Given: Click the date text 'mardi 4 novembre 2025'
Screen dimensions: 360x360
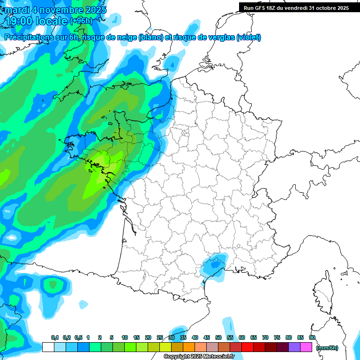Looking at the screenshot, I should tap(56, 10).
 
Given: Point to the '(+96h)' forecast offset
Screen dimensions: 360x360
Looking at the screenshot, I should tap(81, 21).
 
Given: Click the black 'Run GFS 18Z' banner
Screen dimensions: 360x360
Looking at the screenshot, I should tap(296, 7).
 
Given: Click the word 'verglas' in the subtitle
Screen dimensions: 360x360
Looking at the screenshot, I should tap(220, 37).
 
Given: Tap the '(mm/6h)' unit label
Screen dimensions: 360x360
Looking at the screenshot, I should tap(327, 348).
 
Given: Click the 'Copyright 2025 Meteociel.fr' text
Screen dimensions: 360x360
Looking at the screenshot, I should tap(199, 357).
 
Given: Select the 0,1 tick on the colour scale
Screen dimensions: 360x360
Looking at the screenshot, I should tap(54, 337).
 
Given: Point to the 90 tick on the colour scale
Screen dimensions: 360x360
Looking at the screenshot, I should tap(312, 337).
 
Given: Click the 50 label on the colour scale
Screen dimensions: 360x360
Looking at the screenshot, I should tap(218, 337).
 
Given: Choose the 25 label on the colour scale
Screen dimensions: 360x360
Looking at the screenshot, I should tap(160, 337).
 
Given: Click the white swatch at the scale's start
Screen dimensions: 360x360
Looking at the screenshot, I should tap(48, 347).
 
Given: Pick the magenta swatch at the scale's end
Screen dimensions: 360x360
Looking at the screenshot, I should tap(306, 347).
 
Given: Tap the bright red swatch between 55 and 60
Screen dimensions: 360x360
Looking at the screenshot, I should tap(236, 347).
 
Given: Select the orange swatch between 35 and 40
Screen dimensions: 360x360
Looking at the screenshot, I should tap(189, 347).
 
